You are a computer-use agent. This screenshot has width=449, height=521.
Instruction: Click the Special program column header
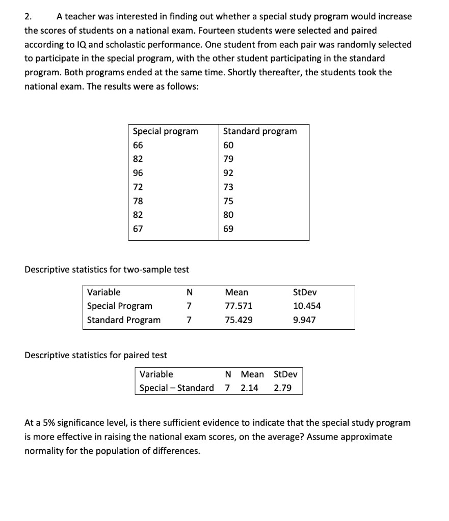(165, 131)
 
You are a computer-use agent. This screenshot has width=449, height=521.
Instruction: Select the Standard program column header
(259, 131)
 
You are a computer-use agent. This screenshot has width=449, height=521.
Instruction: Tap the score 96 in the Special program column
(138, 172)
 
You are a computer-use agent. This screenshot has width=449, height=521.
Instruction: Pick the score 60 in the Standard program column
(228, 145)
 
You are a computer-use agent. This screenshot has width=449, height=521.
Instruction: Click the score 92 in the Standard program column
(228, 172)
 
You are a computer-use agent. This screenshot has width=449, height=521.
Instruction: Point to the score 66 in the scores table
(138, 145)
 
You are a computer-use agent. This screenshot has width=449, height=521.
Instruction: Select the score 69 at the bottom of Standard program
(228, 229)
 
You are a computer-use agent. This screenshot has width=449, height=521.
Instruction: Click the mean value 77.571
(238, 306)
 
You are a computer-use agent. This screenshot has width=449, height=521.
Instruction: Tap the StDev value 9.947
(304, 320)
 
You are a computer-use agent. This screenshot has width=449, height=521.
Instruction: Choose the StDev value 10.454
(307, 306)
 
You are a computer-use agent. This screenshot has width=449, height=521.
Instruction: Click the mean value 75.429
(238, 320)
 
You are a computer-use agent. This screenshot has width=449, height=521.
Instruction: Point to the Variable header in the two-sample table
(104, 292)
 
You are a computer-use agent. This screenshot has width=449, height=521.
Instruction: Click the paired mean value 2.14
(249, 388)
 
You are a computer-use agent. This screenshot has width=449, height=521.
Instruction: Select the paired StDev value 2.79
(283, 388)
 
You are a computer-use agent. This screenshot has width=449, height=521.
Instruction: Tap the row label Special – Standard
(176, 388)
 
